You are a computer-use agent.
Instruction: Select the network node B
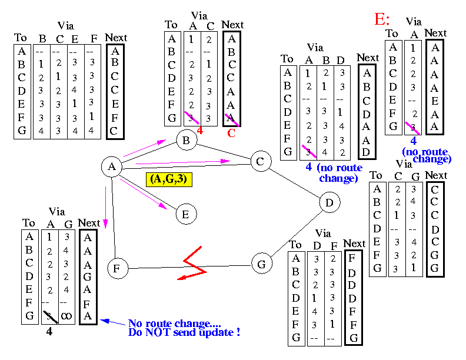186,140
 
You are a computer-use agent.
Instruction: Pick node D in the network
329,204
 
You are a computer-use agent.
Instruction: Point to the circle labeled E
185,214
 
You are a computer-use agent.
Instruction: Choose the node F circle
118,269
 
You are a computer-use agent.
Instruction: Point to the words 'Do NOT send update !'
184,334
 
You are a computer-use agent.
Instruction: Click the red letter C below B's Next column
231,132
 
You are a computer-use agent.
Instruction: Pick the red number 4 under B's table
200,131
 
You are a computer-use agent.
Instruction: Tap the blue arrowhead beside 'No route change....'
105,321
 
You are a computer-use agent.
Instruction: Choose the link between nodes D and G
296,233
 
